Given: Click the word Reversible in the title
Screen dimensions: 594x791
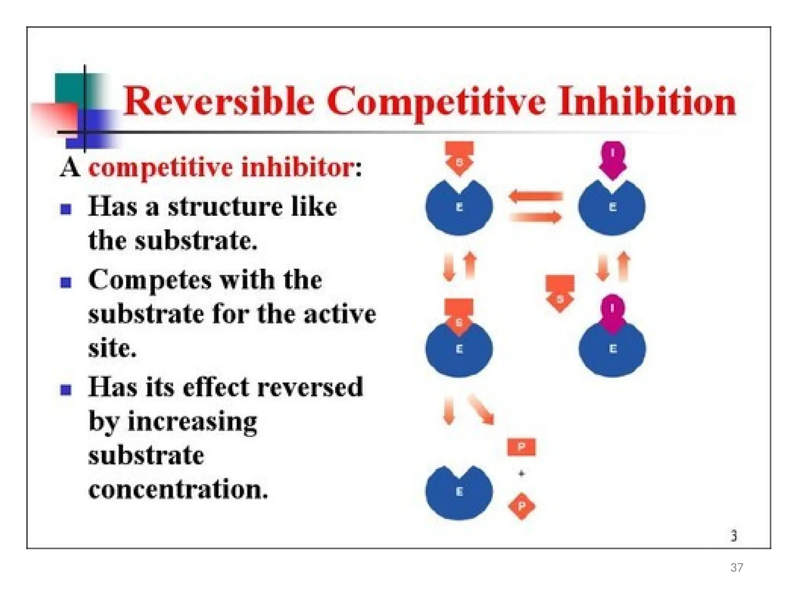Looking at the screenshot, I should [218, 101].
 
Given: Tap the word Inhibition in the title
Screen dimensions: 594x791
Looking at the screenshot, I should [647, 101].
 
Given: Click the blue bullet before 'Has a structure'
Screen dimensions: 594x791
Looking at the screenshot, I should [66, 209].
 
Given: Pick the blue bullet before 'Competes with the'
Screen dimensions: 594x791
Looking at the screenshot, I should [66, 282].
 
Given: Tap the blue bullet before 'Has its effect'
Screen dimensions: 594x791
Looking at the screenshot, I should [66, 389].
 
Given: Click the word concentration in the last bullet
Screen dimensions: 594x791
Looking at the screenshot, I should [178, 489].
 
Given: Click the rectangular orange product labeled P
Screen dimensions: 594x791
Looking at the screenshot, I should [521, 447].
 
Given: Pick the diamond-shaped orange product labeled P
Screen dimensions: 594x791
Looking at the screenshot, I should [521, 506].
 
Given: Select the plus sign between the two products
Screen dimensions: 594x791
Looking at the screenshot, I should [521, 473].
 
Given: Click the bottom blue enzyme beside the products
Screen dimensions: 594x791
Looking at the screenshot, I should [459, 493].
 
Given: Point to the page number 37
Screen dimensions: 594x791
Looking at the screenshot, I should [737, 567].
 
